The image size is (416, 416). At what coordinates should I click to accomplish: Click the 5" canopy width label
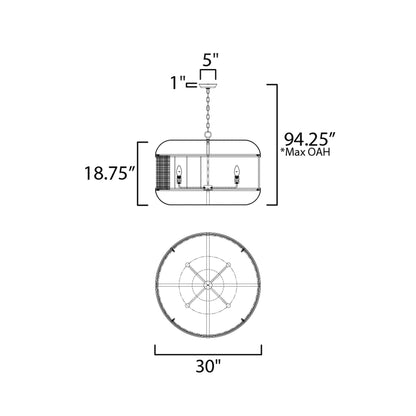[x=211, y=61]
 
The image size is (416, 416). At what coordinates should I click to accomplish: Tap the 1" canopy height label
[x=177, y=82]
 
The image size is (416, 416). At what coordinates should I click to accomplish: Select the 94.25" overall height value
[x=309, y=139]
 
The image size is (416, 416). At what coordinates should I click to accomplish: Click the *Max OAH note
[x=305, y=152]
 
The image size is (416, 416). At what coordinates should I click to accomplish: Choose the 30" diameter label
[x=208, y=366]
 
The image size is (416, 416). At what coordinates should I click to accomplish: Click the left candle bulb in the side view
[x=179, y=174]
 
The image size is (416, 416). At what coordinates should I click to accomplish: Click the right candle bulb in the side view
[x=237, y=174]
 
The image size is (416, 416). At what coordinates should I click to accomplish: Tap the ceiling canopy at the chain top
[x=208, y=86]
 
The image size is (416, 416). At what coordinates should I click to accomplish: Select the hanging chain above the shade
[x=208, y=110]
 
